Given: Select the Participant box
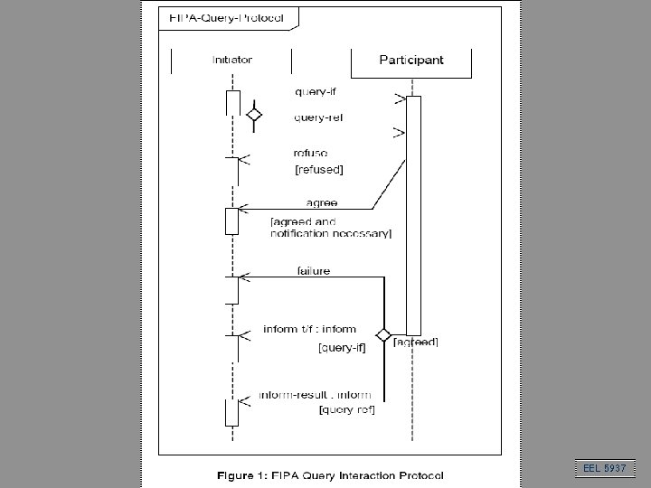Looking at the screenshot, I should click(410, 61).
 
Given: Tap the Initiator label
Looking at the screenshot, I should click(232, 61).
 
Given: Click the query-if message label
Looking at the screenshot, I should click(316, 91).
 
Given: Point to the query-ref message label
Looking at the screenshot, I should click(317, 117).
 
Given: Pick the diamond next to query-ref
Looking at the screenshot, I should click(254, 115).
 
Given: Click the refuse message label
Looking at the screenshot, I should click(311, 154).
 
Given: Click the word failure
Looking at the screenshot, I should click(314, 270).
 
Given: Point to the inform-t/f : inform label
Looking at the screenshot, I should click(309, 329).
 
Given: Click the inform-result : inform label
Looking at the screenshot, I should click(315, 395).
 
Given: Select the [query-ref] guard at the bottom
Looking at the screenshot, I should click(347, 410).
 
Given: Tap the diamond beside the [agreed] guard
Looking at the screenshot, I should click(383, 335).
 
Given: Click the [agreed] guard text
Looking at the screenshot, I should click(416, 342).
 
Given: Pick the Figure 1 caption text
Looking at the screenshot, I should click(329, 474).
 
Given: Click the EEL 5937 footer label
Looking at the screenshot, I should click(606, 468).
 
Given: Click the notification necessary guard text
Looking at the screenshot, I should click(331, 234).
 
